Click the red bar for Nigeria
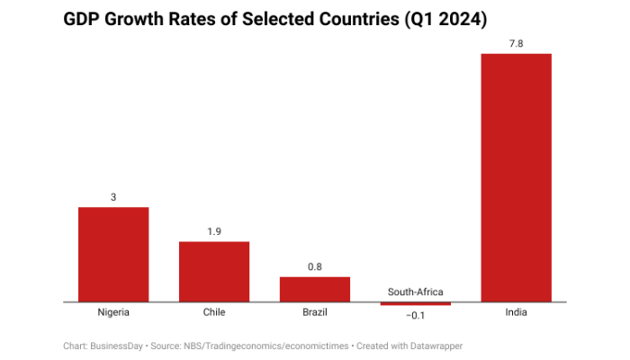tap(113, 255)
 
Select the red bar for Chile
tap(214, 272)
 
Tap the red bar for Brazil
tap(315, 289)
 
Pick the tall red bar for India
tap(517, 177)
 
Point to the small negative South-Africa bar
tap(416, 304)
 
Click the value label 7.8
tap(517, 43)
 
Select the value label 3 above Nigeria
tap(113, 197)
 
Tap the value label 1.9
tap(214, 231)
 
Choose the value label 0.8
tap(315, 266)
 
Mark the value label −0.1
tap(416, 316)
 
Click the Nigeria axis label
tap(113, 312)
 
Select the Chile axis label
tap(214, 312)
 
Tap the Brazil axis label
tap(315, 312)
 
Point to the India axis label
tap(517, 312)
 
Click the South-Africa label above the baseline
tap(416, 292)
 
